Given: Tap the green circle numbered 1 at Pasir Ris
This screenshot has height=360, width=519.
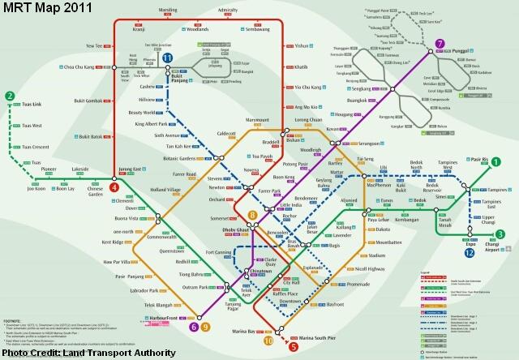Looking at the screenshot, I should tap(495, 161).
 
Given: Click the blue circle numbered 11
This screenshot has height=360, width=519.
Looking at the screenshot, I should tap(167, 58).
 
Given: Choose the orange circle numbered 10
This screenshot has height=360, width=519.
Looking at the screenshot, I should tap(268, 341).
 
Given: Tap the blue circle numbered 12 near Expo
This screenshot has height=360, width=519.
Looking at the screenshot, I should tap(470, 254).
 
